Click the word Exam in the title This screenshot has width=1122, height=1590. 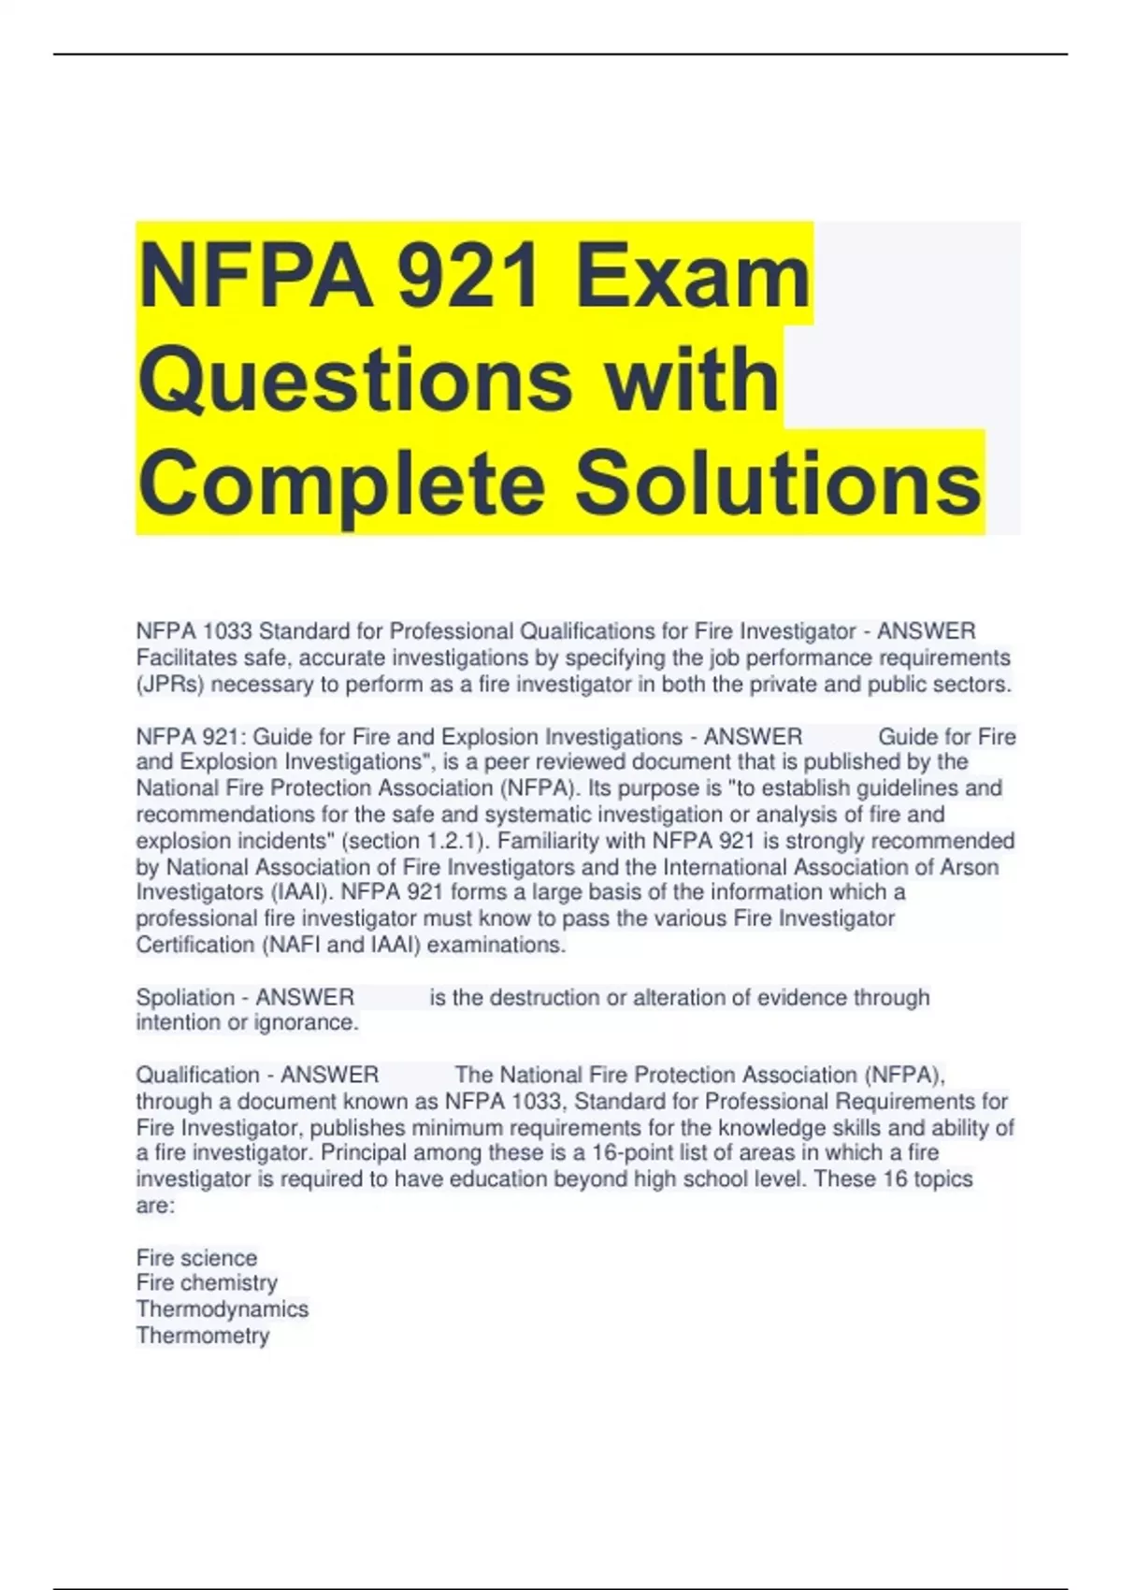693,276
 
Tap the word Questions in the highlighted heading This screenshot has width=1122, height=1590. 355,380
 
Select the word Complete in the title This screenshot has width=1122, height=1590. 341,483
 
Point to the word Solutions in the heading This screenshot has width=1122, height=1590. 777,483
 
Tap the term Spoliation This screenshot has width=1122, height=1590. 185,998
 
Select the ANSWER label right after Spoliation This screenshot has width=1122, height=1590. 305,998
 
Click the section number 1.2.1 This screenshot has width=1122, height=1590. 452,841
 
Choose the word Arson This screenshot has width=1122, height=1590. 969,867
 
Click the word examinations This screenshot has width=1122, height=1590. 496,946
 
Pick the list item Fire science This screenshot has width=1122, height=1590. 196,1258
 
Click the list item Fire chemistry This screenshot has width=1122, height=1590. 207,1283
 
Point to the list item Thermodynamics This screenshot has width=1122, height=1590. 223,1309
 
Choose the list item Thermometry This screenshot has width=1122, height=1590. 203,1336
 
